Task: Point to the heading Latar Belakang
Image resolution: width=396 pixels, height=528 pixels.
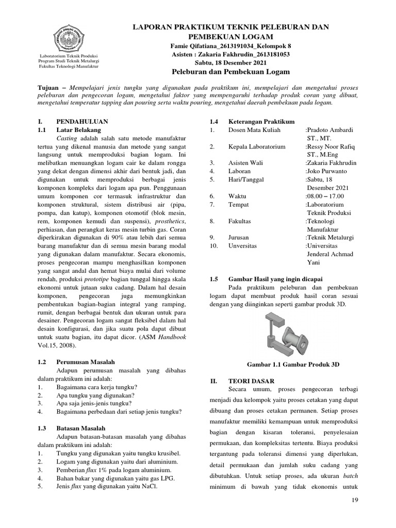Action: [79, 130]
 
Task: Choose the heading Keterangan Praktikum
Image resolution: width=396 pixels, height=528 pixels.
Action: [261, 121]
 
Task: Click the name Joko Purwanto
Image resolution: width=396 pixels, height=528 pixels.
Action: [325, 171]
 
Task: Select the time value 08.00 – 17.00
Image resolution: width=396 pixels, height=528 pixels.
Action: [324, 196]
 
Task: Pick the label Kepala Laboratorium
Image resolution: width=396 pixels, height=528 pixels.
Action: [257, 146]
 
